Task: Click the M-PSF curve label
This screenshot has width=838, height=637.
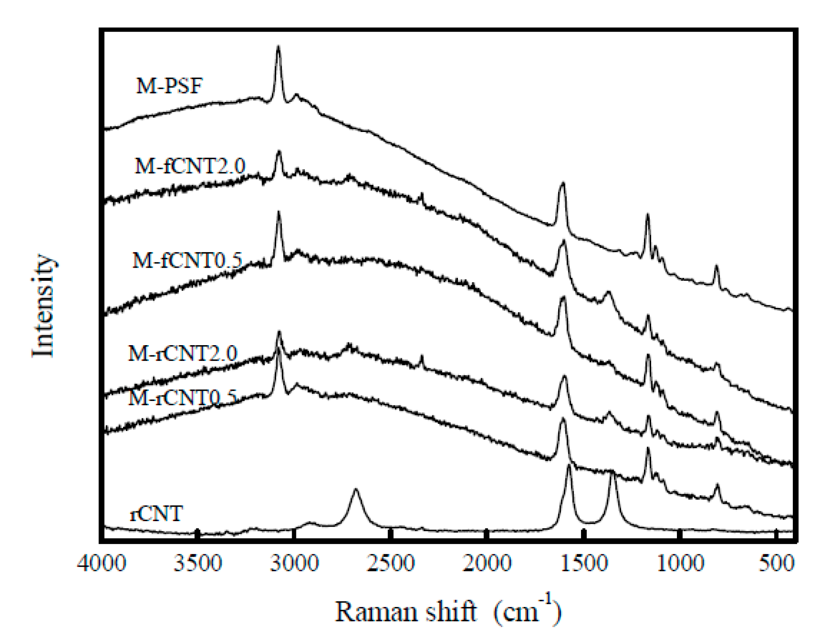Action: [x=169, y=85]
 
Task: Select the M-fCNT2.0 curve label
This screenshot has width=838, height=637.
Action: [x=189, y=166]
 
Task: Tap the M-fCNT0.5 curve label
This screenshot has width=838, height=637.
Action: [x=187, y=260]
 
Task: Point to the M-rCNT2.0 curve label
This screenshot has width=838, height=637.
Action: [x=183, y=353]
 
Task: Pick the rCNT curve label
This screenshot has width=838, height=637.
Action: [x=156, y=513]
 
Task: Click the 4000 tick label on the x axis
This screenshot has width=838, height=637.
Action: [x=102, y=564]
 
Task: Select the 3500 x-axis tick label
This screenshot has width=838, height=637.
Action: [x=198, y=564]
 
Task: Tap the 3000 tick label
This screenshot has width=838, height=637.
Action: [x=294, y=564]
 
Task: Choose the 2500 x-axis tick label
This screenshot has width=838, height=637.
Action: [x=391, y=564]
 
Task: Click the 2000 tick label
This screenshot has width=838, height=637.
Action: [x=487, y=564]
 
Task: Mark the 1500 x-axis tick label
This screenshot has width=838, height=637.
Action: [x=584, y=564]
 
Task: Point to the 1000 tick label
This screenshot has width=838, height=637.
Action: [x=680, y=564]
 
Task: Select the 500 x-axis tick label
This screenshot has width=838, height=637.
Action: [x=777, y=564]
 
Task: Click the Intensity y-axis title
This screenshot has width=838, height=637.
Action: [x=44, y=305]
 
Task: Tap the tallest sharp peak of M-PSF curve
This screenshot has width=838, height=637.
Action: [x=278, y=47]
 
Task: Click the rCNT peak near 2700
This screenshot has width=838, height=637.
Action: [x=356, y=490]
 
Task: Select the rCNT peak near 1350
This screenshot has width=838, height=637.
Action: [x=612, y=473]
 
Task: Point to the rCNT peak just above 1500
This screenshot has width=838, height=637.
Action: [x=569, y=466]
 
